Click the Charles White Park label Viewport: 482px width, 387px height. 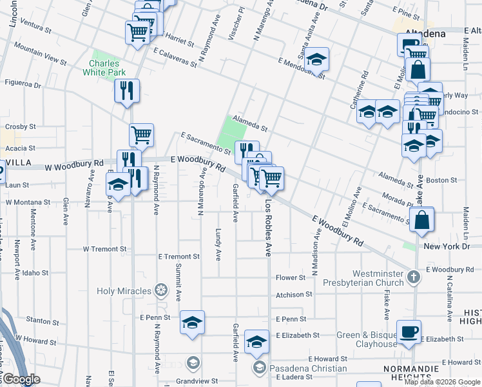(104, 68)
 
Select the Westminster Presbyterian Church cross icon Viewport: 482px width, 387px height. (414, 277)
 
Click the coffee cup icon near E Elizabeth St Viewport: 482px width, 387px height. (409, 332)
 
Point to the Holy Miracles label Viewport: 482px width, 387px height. (124, 291)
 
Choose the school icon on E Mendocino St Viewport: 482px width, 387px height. (316, 60)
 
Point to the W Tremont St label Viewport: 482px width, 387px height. (104, 249)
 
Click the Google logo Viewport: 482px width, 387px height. (21, 379)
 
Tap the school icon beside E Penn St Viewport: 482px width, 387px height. (191, 322)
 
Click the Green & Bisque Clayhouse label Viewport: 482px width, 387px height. (367, 339)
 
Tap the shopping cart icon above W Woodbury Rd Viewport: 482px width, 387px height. (141, 135)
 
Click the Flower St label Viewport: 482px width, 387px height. (290, 278)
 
